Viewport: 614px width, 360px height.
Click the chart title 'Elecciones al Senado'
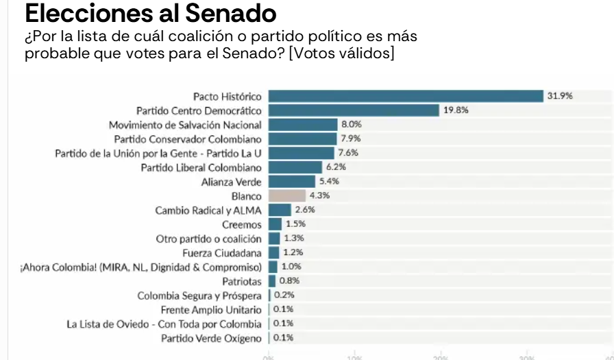(x=150, y=13)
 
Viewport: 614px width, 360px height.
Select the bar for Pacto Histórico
(x=405, y=96)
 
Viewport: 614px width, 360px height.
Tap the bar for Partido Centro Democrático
(x=354, y=110)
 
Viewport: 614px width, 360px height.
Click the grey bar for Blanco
(x=286, y=196)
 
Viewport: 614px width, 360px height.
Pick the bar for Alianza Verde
(x=292, y=182)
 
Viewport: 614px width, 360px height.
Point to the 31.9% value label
(x=560, y=96)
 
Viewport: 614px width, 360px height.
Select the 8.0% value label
(x=351, y=125)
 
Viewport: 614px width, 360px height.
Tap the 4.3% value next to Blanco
(x=319, y=196)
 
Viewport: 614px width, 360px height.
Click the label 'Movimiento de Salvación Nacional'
(x=185, y=125)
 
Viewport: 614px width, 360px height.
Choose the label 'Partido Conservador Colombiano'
(x=188, y=139)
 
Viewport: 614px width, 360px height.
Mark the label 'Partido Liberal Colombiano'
(x=201, y=167)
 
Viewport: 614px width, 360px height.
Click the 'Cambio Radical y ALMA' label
(x=208, y=211)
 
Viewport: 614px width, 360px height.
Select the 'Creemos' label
(x=242, y=225)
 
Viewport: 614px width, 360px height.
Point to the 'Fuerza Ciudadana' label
(x=226, y=253)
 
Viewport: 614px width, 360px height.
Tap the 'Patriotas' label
(x=242, y=281)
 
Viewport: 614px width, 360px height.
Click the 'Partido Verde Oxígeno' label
(x=211, y=338)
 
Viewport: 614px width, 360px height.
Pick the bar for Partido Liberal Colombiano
(x=295, y=167)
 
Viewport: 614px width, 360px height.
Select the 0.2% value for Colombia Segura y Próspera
(x=284, y=296)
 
